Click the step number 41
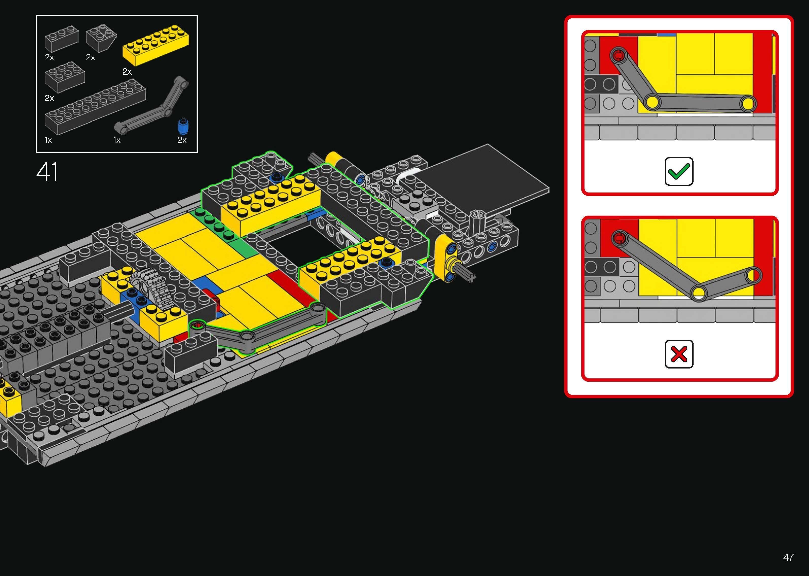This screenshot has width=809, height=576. [47, 172]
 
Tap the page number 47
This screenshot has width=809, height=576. [788, 557]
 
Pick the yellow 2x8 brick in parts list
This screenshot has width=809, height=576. [156, 45]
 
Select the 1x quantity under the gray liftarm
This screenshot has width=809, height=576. [117, 140]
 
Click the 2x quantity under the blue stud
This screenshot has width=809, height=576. [182, 140]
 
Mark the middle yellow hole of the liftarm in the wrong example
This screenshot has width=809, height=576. [698, 292]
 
